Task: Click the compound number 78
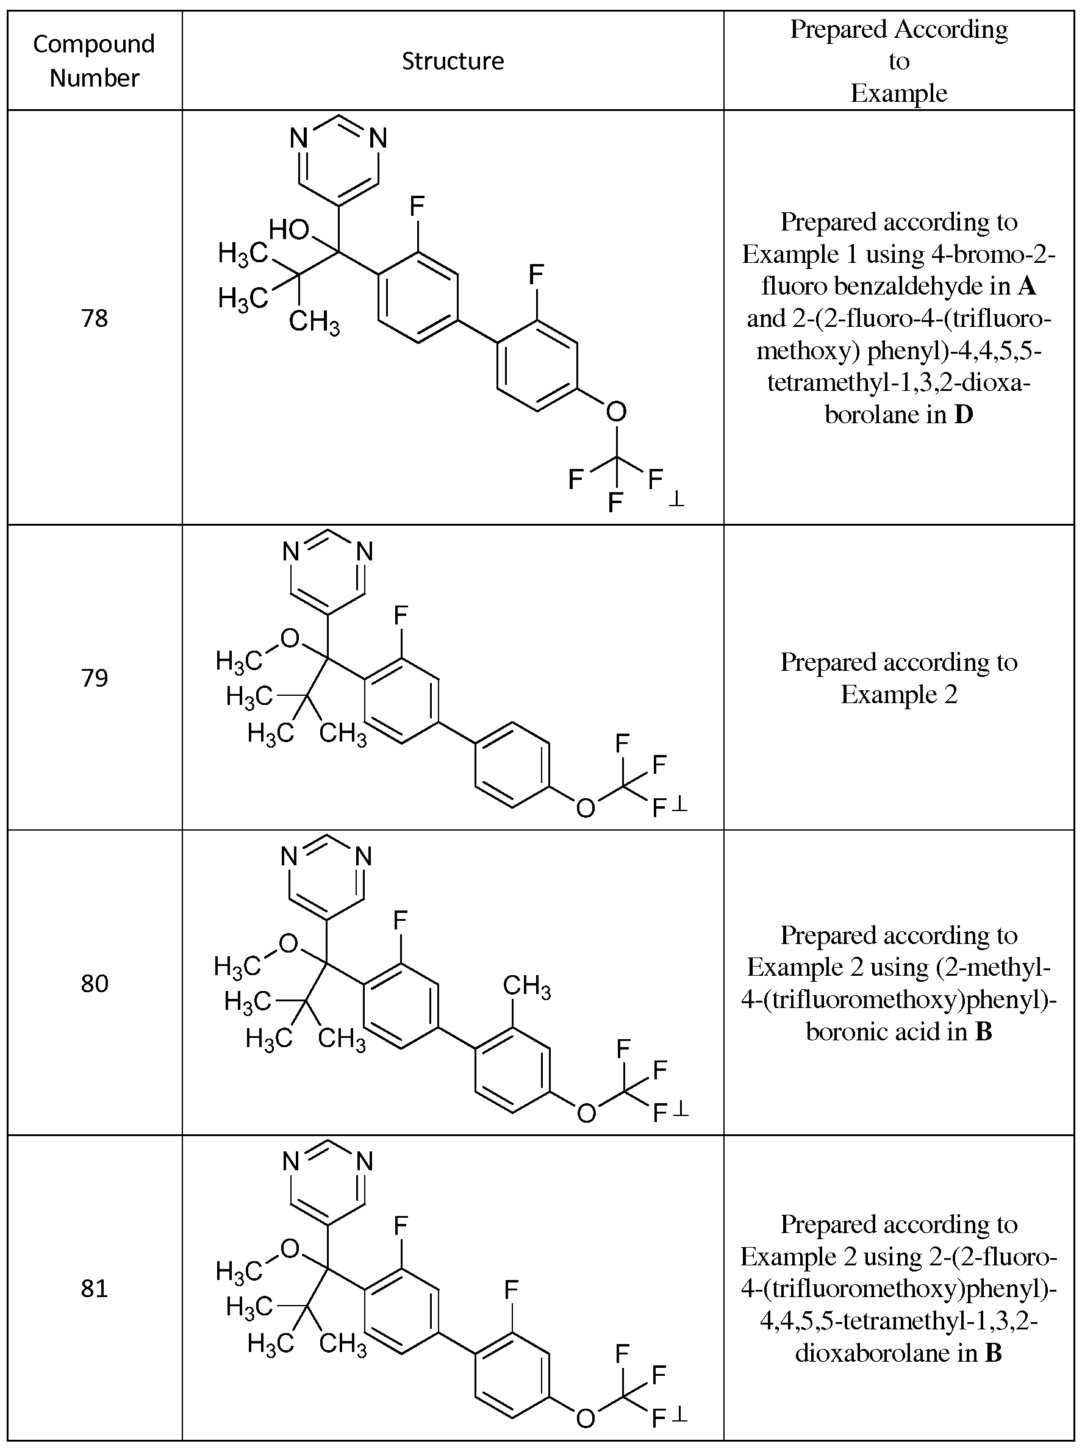[95, 318]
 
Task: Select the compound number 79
[95, 677]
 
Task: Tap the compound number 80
[95, 983]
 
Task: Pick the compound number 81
[95, 1289]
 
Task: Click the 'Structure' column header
[453, 61]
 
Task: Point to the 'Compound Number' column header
[95, 61]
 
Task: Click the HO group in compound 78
[289, 230]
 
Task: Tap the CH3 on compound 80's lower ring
[526, 986]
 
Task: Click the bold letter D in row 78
[964, 415]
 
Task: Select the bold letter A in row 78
[1027, 286]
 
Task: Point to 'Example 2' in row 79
[898, 694]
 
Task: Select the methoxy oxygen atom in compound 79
[290, 638]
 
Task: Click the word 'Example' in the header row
[898, 93]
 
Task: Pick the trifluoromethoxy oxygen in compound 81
[586, 1418]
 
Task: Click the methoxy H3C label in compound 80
[238, 967]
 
